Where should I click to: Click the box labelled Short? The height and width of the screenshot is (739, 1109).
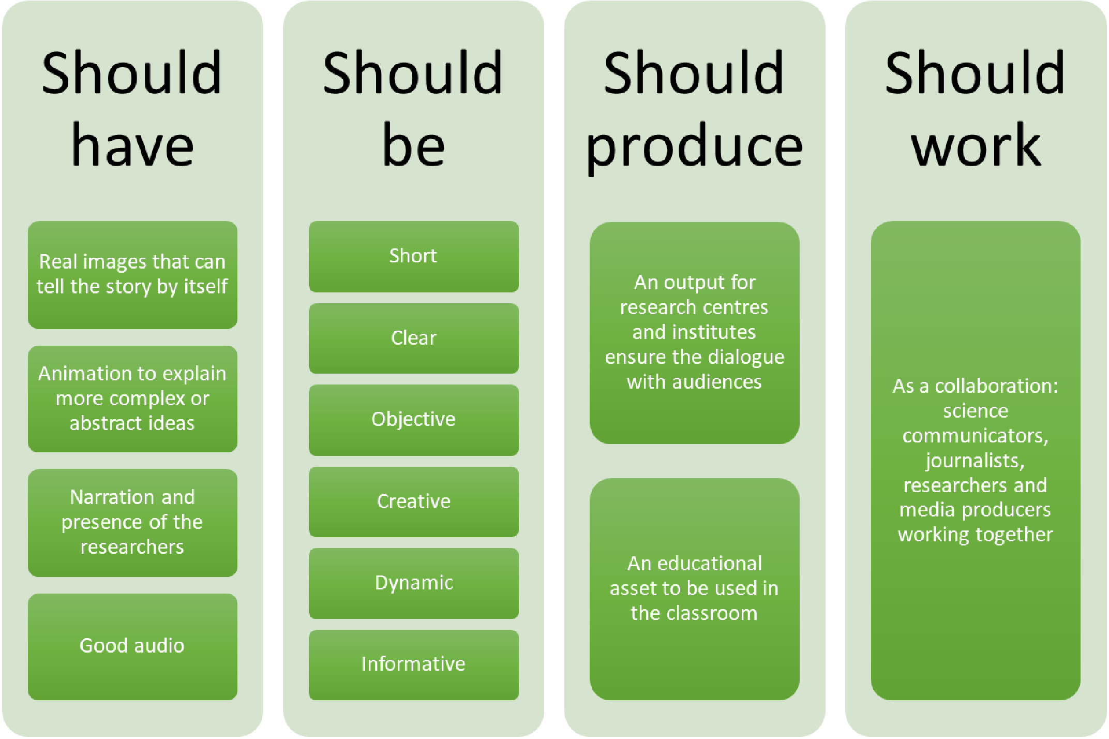(413, 257)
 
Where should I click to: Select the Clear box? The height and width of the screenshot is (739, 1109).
(413, 338)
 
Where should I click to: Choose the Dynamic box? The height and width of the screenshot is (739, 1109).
(413, 583)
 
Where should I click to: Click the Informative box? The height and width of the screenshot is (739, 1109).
(413, 665)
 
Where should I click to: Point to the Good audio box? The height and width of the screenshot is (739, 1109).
(132, 647)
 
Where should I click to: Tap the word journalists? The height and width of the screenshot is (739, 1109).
(975, 461)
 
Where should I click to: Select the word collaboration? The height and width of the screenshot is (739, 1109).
(996, 386)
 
